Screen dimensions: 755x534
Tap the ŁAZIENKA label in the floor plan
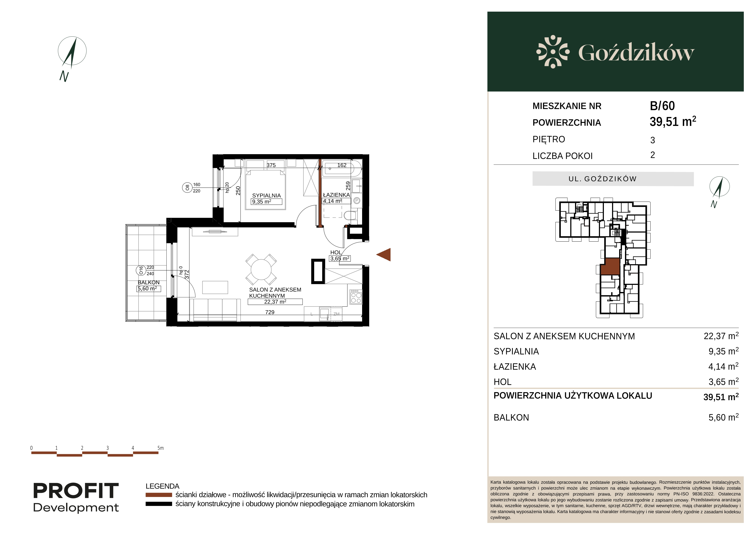(336, 195)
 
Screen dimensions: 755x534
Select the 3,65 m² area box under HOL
(340, 258)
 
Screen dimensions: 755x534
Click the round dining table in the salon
(261, 270)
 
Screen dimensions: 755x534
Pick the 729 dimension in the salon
(270, 312)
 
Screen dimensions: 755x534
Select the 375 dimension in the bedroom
(271, 165)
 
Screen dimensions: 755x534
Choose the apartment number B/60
(662, 106)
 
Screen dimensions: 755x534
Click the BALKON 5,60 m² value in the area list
(723, 417)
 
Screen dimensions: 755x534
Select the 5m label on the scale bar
(160, 448)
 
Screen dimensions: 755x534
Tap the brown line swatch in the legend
(159, 495)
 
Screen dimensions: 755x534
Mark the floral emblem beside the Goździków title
(553, 52)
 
